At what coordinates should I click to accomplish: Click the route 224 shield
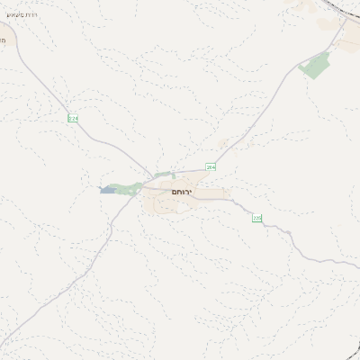click(73, 118)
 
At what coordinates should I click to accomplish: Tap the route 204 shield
click(211, 167)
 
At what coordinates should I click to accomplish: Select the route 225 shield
click(256, 219)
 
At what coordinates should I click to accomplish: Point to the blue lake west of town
click(108, 190)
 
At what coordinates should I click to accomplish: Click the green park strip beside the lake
click(129, 188)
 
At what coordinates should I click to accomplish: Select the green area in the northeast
click(314, 65)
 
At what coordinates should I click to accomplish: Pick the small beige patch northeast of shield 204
click(222, 142)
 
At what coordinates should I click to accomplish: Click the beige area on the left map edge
click(3, 40)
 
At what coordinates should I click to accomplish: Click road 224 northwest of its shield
click(45, 90)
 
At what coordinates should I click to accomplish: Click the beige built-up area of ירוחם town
click(193, 200)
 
